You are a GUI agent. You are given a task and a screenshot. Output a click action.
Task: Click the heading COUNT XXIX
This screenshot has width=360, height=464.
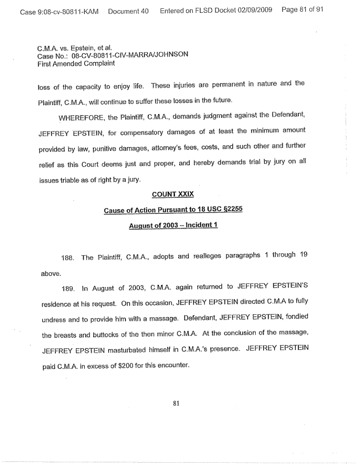pyautogui.click(x=173, y=194)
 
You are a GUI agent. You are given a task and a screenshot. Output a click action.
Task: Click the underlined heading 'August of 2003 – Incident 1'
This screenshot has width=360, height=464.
pyautogui.click(x=173, y=226)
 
